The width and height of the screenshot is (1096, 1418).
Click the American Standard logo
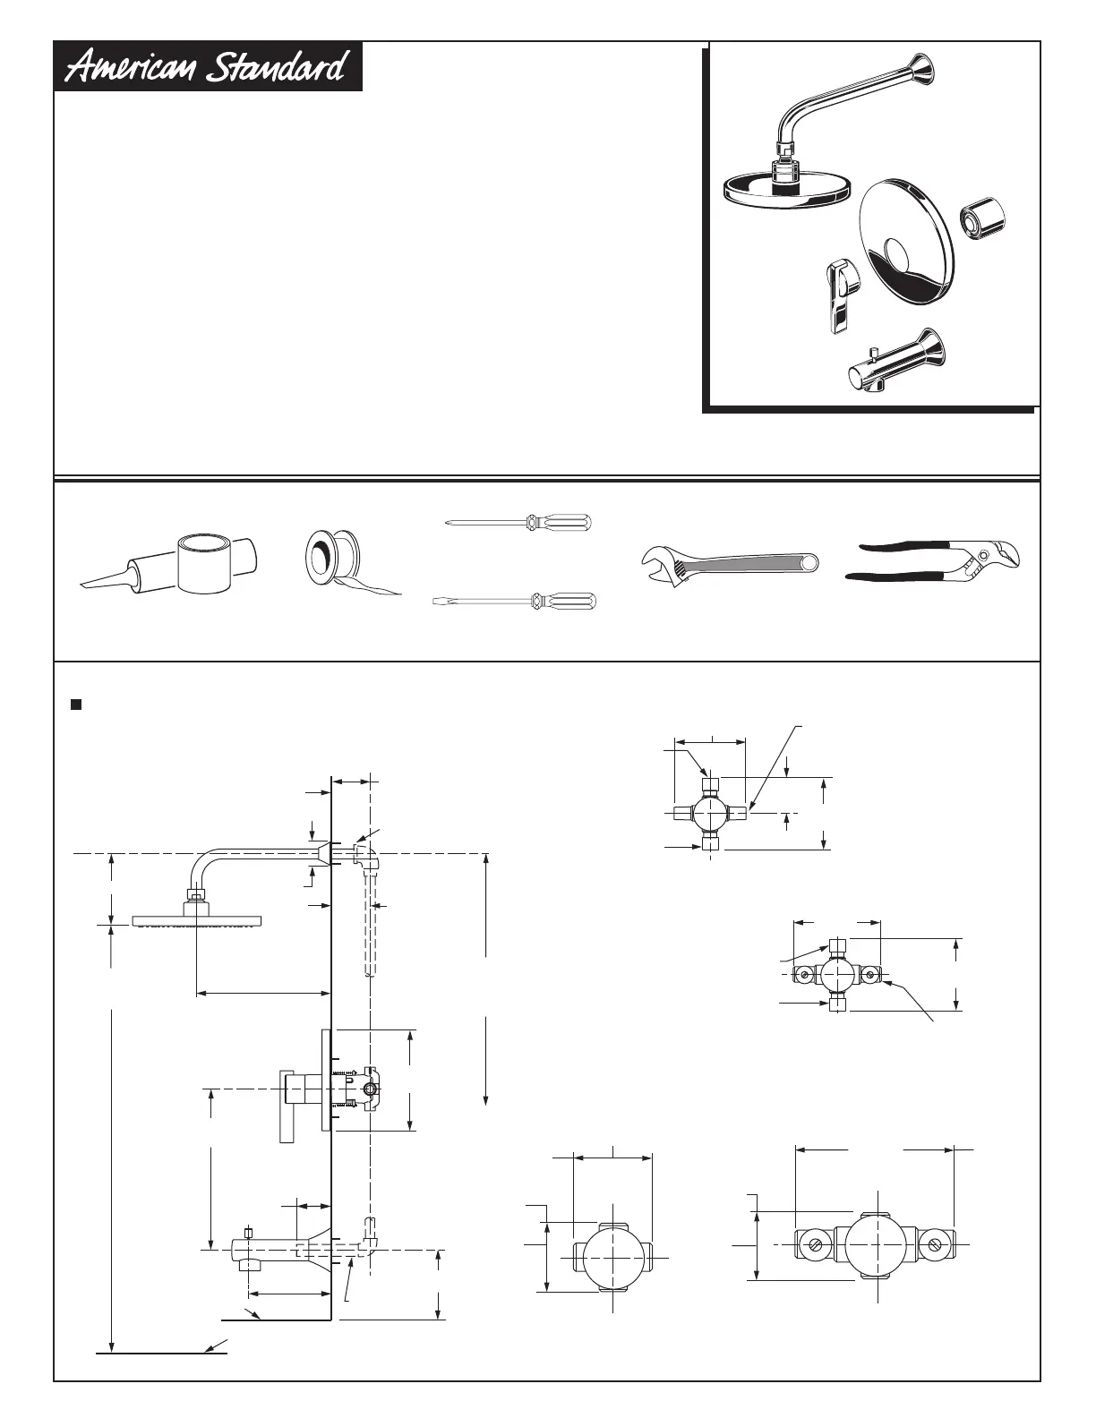point(209,67)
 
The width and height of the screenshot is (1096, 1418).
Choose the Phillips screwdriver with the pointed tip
point(519,522)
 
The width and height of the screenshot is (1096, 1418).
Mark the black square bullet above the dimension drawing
point(76,704)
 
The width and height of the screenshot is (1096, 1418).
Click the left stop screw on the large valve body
point(815,1245)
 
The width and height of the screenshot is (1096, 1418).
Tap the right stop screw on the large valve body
point(937,1245)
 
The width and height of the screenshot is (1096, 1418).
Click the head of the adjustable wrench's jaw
point(659,562)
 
